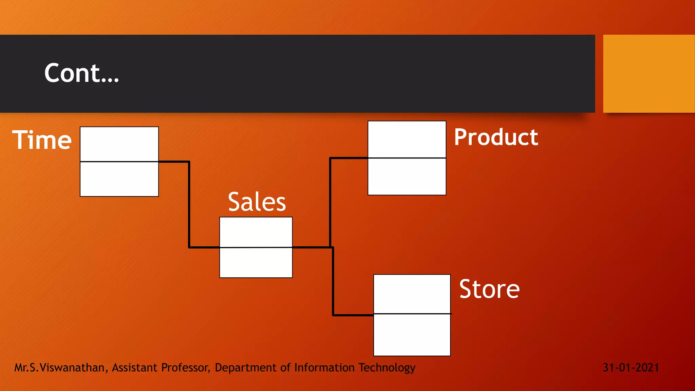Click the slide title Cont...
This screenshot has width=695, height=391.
(81, 73)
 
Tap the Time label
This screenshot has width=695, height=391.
(42, 140)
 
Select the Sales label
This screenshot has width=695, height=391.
(257, 202)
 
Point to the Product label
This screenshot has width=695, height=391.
(496, 137)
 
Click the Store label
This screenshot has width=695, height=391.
(489, 289)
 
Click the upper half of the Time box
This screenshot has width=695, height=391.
(119, 144)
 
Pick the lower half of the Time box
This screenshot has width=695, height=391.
(119, 179)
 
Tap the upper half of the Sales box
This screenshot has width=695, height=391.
(256, 232)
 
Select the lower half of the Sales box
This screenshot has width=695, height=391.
(256, 263)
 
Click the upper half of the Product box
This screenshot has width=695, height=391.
(407, 139)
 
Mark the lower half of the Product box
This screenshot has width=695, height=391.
(407, 176)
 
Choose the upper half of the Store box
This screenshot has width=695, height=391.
(412, 294)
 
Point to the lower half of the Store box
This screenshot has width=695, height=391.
(412, 335)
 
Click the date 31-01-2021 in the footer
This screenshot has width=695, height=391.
(631, 368)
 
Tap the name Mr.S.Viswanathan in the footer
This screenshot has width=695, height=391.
(59, 368)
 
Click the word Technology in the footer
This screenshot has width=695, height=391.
(387, 368)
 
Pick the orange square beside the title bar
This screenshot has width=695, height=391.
(649, 74)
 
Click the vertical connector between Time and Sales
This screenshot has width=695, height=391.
(189, 205)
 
